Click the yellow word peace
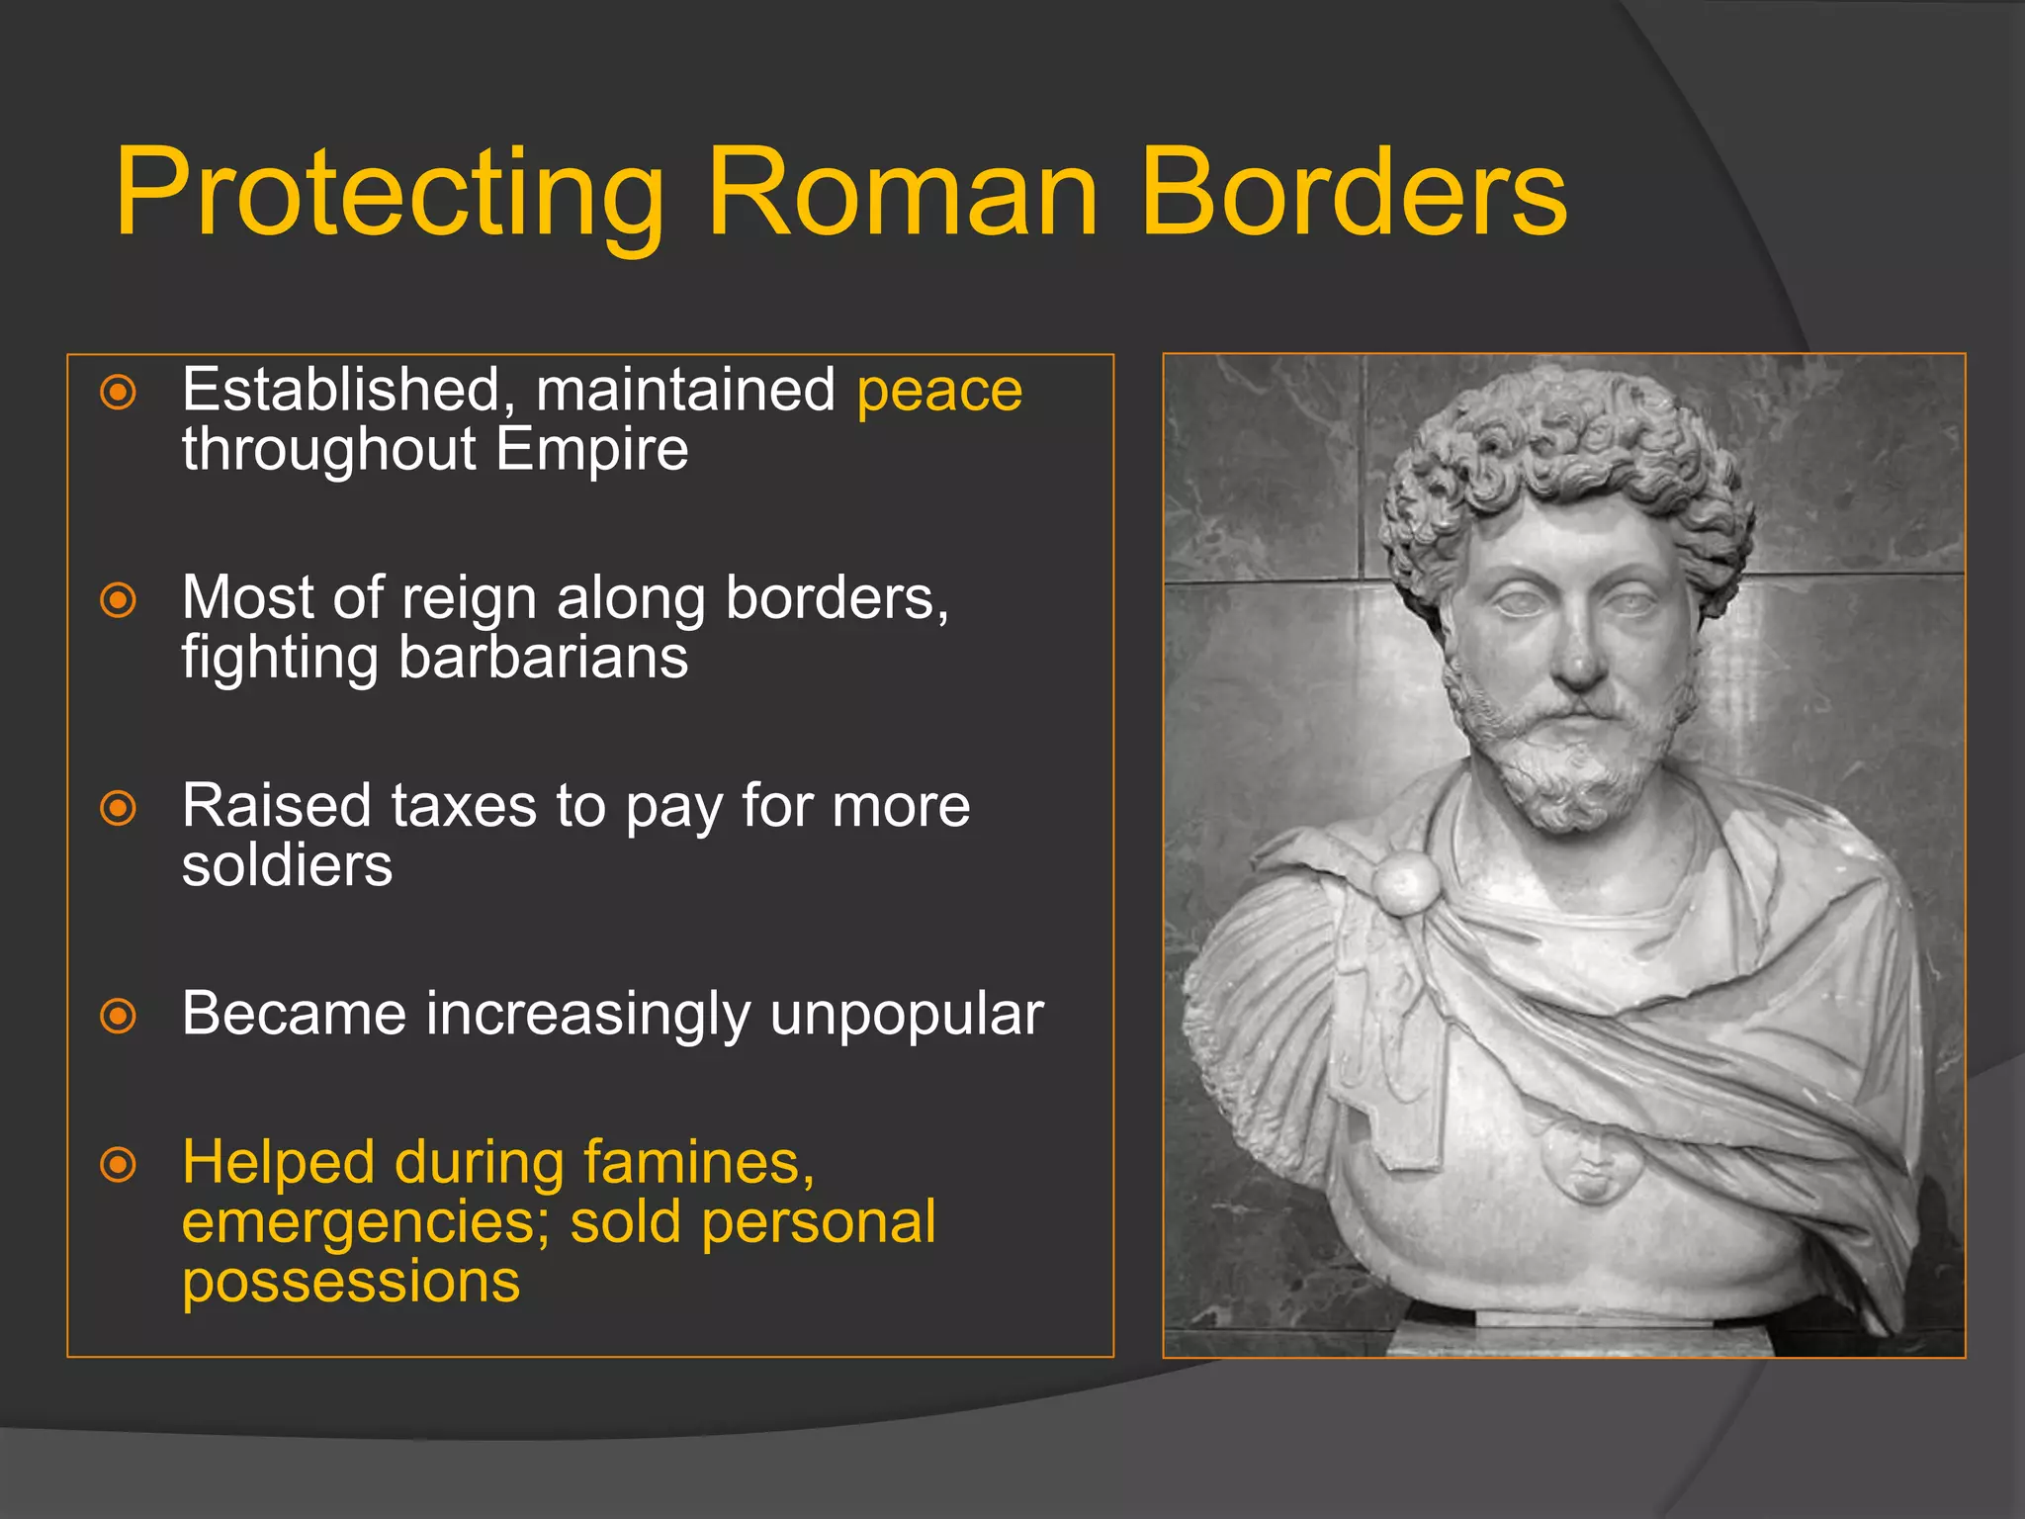tap(939, 392)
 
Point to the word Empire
tap(591, 450)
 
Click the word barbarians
tap(543, 658)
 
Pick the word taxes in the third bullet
tap(464, 806)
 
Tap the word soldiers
tap(287, 866)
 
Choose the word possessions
tap(351, 1283)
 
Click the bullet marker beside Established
tap(119, 393)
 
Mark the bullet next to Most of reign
tap(119, 600)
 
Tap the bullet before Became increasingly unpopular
tap(119, 1016)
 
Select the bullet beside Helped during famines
tap(119, 1164)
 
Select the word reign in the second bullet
tap(470, 599)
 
